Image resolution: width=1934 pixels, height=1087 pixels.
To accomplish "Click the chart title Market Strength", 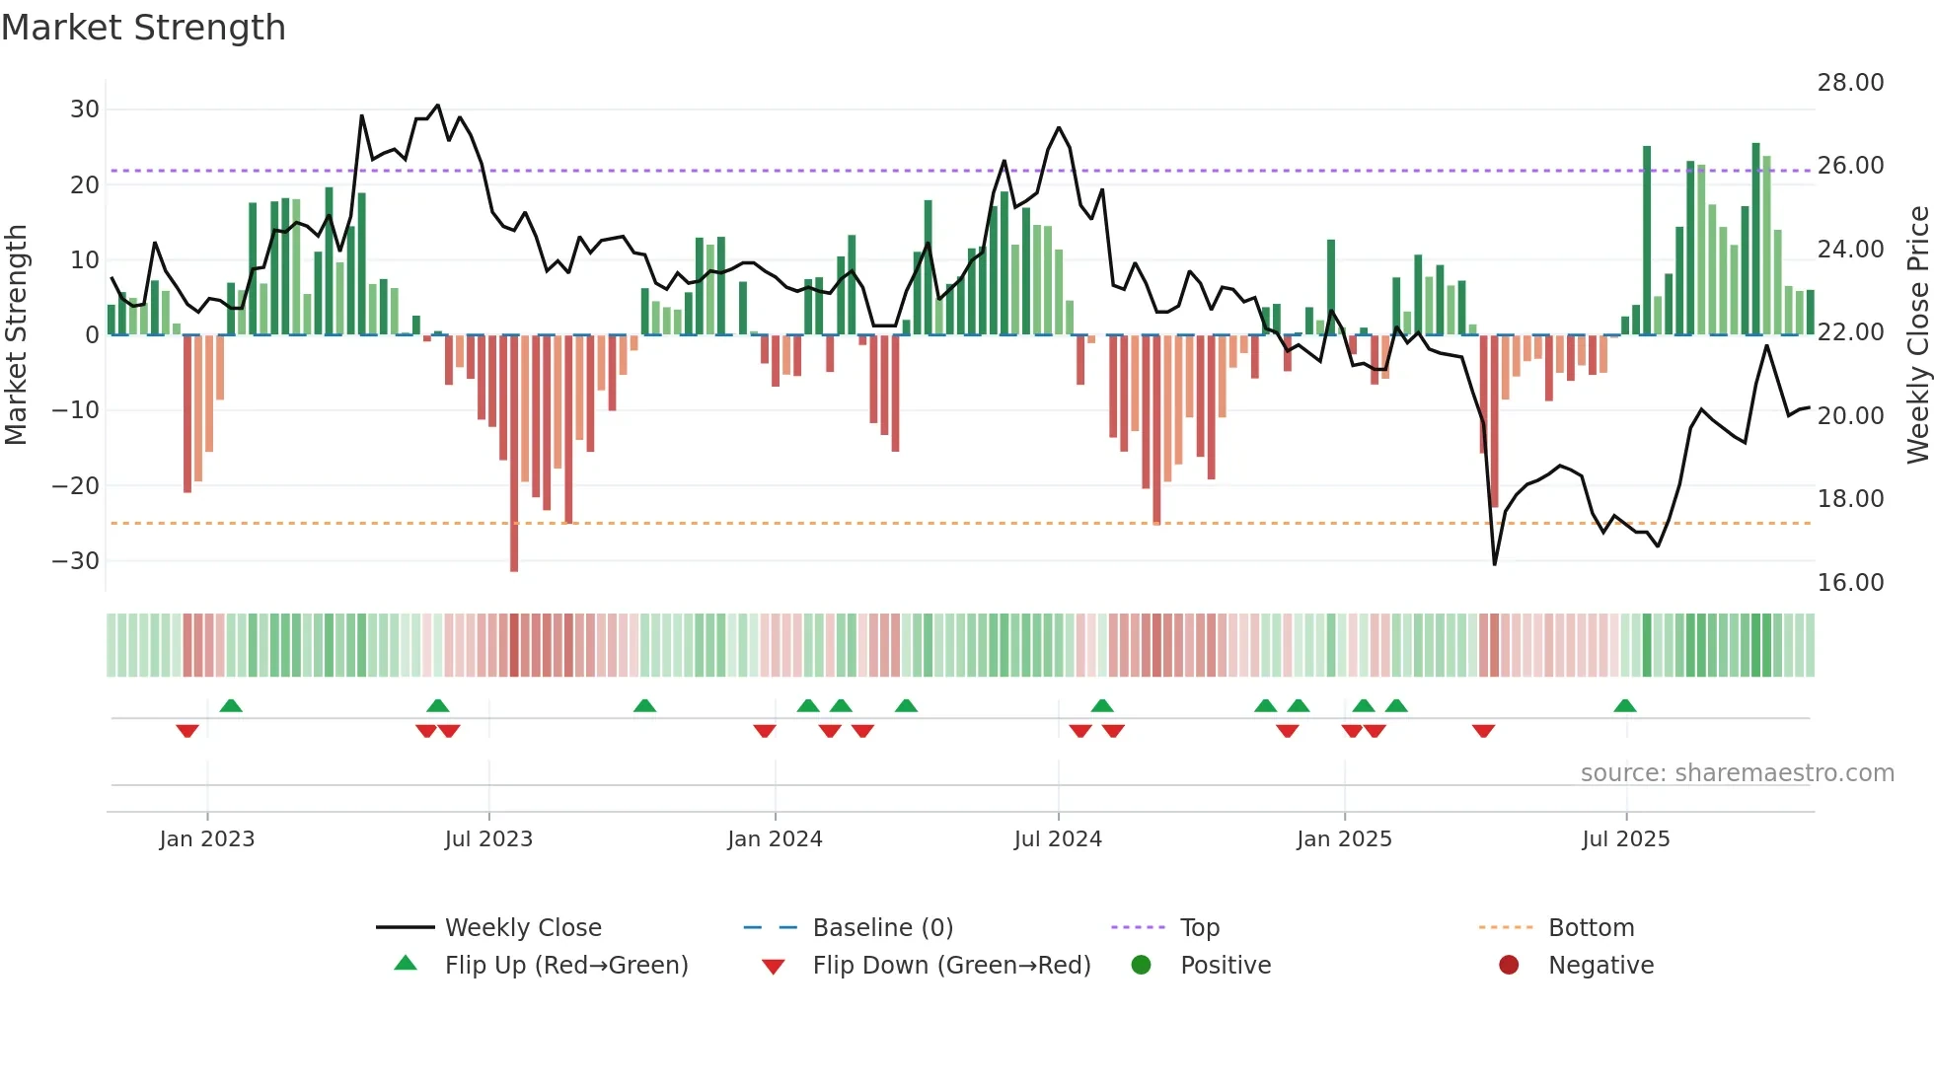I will pyautogui.click(x=143, y=28).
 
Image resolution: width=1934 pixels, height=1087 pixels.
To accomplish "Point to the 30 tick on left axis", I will pyautogui.click(x=85, y=109).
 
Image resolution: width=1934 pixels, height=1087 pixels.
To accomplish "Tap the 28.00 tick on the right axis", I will pyautogui.click(x=1850, y=83).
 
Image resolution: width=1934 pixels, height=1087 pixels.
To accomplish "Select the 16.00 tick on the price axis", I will pyautogui.click(x=1850, y=583).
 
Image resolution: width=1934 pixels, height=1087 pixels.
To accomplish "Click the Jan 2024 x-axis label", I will pyautogui.click(x=775, y=839).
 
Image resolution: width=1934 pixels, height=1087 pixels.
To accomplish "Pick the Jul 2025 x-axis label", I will pyautogui.click(x=1625, y=839).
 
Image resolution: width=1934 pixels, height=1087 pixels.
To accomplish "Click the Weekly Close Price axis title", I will pyautogui.click(x=1917, y=335).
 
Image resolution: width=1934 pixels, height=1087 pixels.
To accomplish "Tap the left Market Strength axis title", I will pyautogui.click(x=16, y=335).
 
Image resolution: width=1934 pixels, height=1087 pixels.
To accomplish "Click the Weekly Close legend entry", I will pyautogui.click(x=522, y=928).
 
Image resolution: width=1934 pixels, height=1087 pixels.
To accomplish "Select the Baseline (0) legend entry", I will pyautogui.click(x=882, y=928).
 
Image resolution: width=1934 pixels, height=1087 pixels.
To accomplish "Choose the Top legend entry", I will pyautogui.click(x=1199, y=928).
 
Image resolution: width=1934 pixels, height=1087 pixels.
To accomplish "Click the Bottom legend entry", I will pyautogui.click(x=1591, y=928).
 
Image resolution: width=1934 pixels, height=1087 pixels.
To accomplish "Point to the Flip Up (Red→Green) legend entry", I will pyautogui.click(x=565, y=966).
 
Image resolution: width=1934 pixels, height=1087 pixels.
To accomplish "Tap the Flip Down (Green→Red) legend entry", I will pyautogui.click(x=950, y=966).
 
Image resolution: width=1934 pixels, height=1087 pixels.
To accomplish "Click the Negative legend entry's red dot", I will pyautogui.click(x=1509, y=965).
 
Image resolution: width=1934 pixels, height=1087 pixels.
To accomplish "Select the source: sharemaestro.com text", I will pyautogui.click(x=1737, y=773).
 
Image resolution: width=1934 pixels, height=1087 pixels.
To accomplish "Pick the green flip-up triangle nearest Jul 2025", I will pyautogui.click(x=1625, y=705).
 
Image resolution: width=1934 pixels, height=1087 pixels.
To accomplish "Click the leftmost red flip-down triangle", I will pyautogui.click(x=187, y=731).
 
